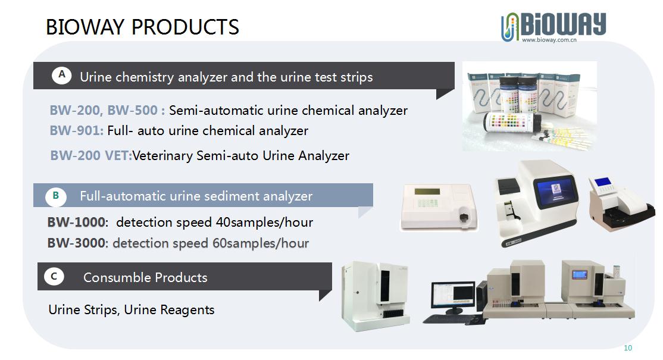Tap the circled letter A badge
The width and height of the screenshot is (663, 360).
(62, 75)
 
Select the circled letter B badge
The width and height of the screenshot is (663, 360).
(55, 195)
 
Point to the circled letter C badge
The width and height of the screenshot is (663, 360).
(54, 277)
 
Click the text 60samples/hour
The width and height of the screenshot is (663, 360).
(261, 243)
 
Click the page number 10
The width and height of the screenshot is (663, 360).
(628, 348)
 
